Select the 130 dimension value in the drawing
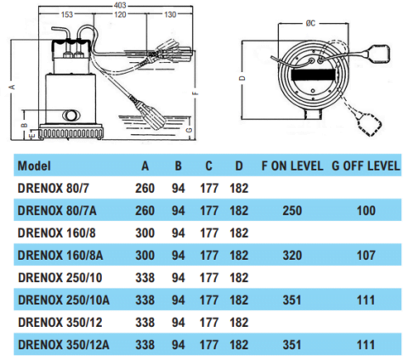pyautogui.click(x=168, y=14)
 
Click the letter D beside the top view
pyautogui.click(x=241, y=78)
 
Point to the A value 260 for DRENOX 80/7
pyautogui.click(x=144, y=187)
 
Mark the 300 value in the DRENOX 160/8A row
pyautogui.click(x=144, y=254)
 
